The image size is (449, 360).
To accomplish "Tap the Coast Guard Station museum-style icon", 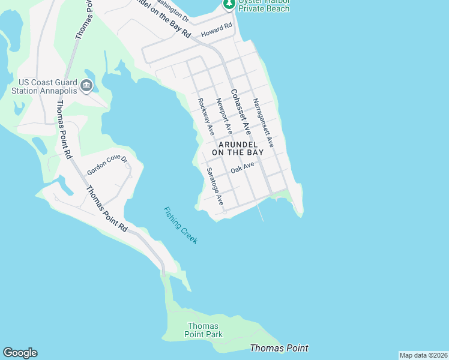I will pos(86,86).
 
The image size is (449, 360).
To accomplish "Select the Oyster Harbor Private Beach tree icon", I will pos(229,4).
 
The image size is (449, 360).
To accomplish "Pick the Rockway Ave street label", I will pos(206,116).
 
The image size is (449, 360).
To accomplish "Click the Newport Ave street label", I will pos(223,116).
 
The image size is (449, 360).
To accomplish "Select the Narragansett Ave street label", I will pos(263,123).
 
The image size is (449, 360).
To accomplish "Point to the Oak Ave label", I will pos(243,169).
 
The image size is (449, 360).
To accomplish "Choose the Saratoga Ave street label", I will pos(215,187).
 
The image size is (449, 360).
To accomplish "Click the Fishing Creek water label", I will pos(181,225).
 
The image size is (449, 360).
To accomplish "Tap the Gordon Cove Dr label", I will pos(108,164).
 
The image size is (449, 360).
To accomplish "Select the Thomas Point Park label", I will pos(203,330).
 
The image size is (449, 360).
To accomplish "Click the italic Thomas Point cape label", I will pos(279,348).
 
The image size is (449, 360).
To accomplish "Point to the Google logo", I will pos(20,353).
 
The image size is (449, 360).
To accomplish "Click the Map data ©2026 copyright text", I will pos(423,355).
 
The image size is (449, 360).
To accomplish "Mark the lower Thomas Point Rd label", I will pos(106,209).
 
